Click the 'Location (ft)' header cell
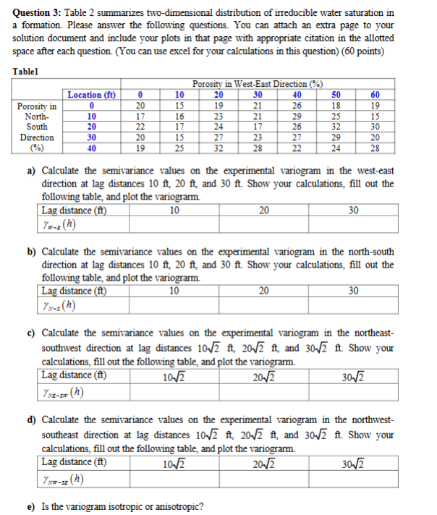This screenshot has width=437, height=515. coord(91,94)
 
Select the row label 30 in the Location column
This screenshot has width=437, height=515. coord(91,137)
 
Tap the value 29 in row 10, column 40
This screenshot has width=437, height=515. coord(296,116)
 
